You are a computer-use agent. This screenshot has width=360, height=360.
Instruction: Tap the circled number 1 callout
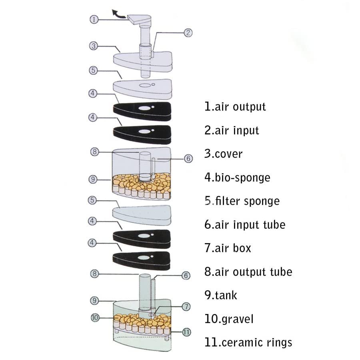coord(93,20)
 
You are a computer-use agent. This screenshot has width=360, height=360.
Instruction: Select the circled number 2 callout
coord(188,33)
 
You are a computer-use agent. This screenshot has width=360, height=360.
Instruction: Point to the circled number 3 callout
coord(93,46)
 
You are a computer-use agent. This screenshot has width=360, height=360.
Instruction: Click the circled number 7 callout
coord(186,307)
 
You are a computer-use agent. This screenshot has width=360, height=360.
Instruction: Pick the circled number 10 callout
coord(95,318)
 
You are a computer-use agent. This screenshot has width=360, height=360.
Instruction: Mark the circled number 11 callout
coord(186,332)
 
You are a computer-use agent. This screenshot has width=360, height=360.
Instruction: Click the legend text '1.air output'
coord(235,107)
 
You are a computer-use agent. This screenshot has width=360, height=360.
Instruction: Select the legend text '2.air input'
coord(232,130)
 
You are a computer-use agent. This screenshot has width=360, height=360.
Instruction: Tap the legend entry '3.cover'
coord(223,154)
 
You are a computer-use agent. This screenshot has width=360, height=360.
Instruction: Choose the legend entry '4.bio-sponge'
coord(237,177)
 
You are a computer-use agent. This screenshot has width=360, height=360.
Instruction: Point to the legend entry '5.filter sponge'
coord(242,201)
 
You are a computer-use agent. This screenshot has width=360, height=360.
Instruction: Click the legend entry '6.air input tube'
coord(245,224)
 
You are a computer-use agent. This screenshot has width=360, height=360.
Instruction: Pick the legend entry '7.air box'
coord(228,248)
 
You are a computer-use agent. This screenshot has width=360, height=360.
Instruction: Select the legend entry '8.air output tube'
coord(248,272)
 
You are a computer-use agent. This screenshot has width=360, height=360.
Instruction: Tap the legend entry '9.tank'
coord(220,295)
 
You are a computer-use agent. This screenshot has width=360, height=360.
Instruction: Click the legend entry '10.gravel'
coord(229,319)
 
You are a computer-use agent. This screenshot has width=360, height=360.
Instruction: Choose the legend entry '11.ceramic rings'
coord(248,342)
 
